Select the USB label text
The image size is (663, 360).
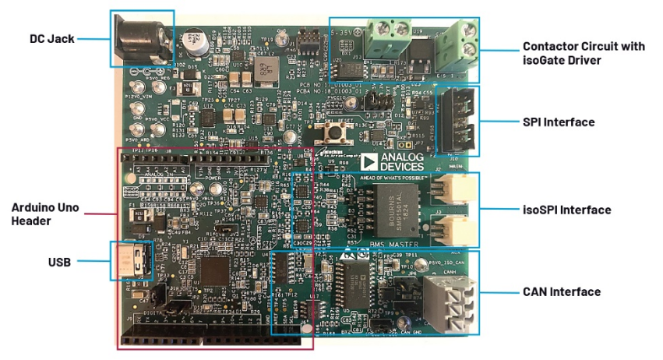tap(58, 263)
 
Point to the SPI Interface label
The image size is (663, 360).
tap(559, 122)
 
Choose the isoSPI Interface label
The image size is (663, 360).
tap(566, 210)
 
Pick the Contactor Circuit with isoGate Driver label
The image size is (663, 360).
tap(583, 53)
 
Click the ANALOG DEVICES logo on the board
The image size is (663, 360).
tap(394, 161)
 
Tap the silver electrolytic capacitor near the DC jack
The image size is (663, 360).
tap(192, 43)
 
